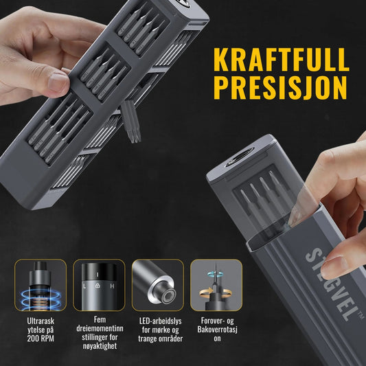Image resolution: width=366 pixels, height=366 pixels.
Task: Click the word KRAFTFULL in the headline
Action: click(282, 60)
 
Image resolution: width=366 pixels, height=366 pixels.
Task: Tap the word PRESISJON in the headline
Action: click(280, 88)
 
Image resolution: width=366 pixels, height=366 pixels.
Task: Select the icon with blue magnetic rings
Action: click(41, 285)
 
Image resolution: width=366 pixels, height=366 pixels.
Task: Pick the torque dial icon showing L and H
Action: click(99, 285)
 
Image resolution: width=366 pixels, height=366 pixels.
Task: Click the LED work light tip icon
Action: click(158, 285)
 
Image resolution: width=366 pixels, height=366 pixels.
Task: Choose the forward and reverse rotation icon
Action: click(216, 285)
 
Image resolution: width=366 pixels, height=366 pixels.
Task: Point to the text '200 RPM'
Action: click(41, 339)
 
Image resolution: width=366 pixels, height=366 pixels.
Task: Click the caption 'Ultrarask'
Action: click(41, 321)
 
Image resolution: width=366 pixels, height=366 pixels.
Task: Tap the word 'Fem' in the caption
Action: click(100, 319)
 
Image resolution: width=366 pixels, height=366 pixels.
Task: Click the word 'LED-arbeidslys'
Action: click(161, 321)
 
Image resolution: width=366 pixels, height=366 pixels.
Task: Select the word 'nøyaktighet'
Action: click(100, 346)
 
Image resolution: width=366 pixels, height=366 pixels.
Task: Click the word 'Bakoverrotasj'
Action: click(217, 330)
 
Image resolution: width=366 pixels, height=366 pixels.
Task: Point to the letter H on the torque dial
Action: click(113, 286)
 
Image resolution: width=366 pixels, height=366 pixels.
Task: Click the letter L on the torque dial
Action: click(84, 286)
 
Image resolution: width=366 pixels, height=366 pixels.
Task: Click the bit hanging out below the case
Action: click(131, 122)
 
